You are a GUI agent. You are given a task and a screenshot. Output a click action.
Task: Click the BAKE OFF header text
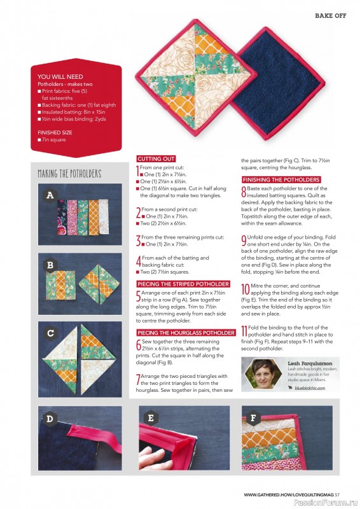point(331,15)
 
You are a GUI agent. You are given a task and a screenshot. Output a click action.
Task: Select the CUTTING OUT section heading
point(156,158)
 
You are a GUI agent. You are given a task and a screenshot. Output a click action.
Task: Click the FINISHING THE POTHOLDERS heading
point(280,179)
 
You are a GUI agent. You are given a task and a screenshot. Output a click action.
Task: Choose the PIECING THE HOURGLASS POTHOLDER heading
point(186,332)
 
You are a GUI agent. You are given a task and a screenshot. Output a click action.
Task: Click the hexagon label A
point(50,196)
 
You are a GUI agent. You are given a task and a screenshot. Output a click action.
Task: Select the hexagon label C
point(50,333)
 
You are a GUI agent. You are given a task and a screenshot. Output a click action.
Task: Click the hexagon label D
point(50,418)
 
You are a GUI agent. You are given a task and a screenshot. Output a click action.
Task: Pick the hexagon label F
point(254,418)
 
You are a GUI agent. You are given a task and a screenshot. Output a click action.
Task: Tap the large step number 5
point(139,296)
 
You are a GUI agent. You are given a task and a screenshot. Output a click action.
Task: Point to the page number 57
point(338,494)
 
